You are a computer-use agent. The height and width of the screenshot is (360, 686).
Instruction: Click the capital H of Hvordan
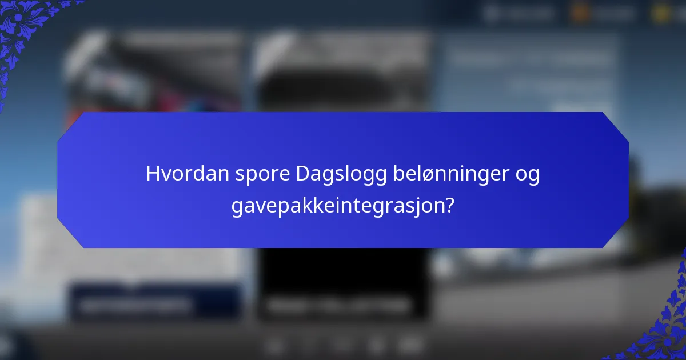tap(152, 174)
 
